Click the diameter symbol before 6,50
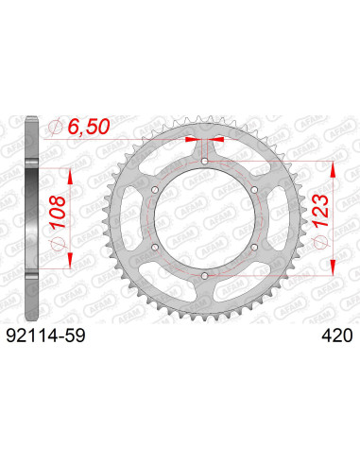pyautogui.click(x=59, y=126)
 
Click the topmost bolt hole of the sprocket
pyautogui.click(x=205, y=162)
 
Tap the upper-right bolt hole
pyautogui.click(x=254, y=190)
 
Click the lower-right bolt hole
pyautogui.click(x=254, y=247)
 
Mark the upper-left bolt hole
pyautogui.click(x=156, y=190)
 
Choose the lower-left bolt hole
pyautogui.click(x=156, y=247)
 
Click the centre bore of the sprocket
pyautogui.click(x=205, y=218)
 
